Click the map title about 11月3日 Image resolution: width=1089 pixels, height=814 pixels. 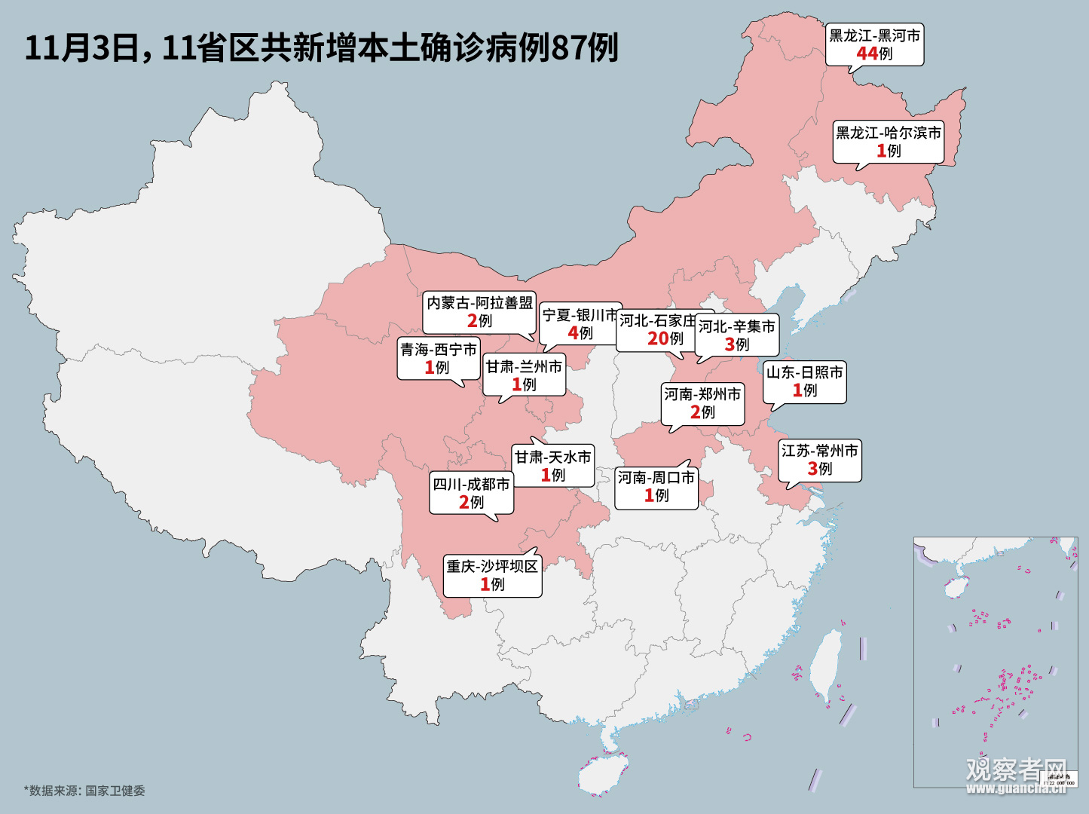(322, 47)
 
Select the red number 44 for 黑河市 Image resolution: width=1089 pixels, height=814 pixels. (867, 54)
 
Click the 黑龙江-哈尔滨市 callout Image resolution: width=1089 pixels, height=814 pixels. (888, 141)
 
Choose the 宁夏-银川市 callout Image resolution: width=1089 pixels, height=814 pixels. (579, 324)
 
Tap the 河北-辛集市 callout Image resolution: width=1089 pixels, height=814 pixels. (736, 335)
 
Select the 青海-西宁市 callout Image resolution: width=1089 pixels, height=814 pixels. (438, 358)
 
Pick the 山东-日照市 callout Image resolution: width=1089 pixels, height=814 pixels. (804, 381)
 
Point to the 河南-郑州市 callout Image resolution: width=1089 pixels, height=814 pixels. (702, 403)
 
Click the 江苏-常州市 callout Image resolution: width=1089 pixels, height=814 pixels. (819, 460)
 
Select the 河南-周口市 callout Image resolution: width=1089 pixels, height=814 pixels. (656, 486)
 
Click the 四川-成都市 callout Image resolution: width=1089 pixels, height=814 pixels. (471, 493)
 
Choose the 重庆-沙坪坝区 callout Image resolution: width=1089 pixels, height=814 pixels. (492, 575)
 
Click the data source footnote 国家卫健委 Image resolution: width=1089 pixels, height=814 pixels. (84, 791)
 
